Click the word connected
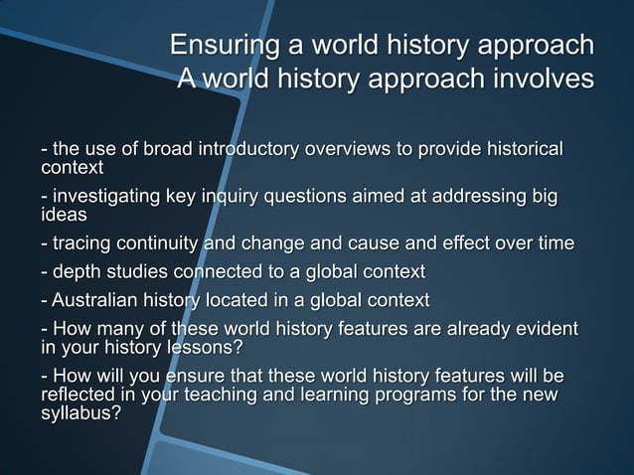point(211,271)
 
